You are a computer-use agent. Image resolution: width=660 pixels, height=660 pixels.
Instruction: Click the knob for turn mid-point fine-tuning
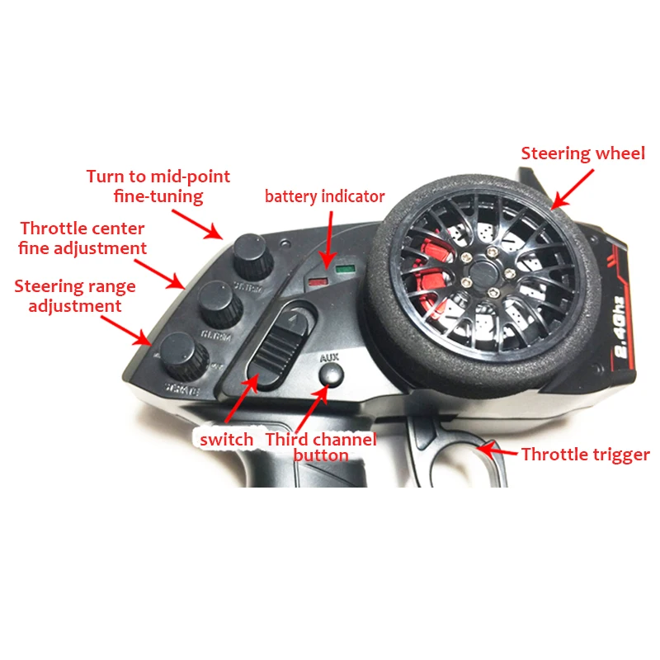point(251,256)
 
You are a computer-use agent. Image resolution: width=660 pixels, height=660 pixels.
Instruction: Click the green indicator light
point(344,269)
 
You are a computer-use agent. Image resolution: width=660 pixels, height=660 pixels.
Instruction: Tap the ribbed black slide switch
point(276,346)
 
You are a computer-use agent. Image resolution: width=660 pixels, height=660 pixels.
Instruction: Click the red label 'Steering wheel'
point(582,153)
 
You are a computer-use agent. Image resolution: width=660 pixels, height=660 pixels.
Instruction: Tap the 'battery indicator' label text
point(324,196)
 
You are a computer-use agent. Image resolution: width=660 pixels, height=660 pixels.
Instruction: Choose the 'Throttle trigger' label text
point(585,454)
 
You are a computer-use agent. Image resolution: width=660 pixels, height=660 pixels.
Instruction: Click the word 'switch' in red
point(226,439)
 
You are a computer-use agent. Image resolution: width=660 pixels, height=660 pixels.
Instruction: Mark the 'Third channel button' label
point(320,446)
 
